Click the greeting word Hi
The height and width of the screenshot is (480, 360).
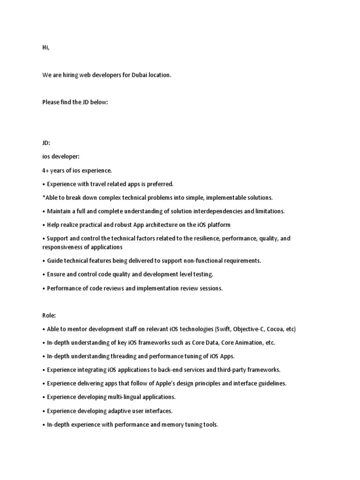point(45,48)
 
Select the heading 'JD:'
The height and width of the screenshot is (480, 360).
point(46,143)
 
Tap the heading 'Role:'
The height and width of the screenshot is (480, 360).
point(49,315)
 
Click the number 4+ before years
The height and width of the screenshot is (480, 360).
point(46,170)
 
